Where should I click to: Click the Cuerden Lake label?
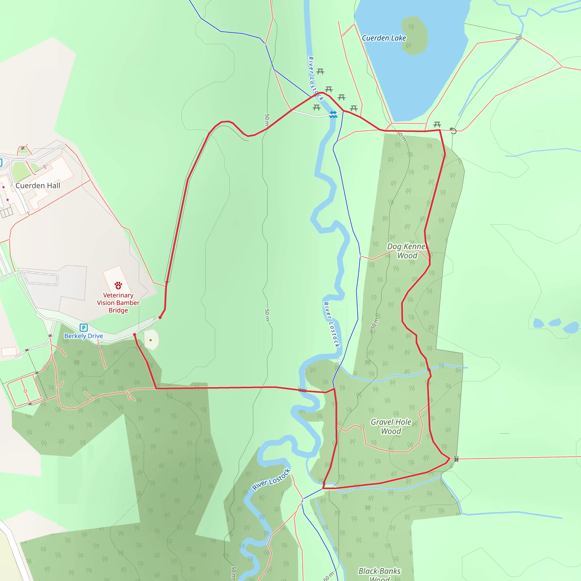[x=384, y=38]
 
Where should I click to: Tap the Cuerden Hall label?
[x=38, y=186]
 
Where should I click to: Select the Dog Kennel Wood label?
[x=407, y=251]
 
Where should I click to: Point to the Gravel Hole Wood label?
[x=391, y=426]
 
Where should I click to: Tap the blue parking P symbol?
[x=83, y=327]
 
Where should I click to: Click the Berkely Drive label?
[x=84, y=336]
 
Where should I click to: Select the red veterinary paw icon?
[x=118, y=285]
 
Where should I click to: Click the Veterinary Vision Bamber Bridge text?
[x=118, y=303]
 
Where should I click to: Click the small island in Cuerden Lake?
[x=414, y=35]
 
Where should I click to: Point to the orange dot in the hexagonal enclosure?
[x=151, y=340]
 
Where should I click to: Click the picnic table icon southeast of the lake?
[x=437, y=124]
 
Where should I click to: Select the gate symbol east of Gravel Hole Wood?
[x=456, y=459]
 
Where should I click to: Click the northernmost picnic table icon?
[x=320, y=71]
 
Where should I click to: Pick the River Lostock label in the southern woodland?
[x=271, y=480]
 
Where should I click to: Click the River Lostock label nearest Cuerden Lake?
[x=315, y=79]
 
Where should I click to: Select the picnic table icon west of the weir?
[x=316, y=107]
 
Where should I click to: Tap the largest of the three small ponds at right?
[x=571, y=327]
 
